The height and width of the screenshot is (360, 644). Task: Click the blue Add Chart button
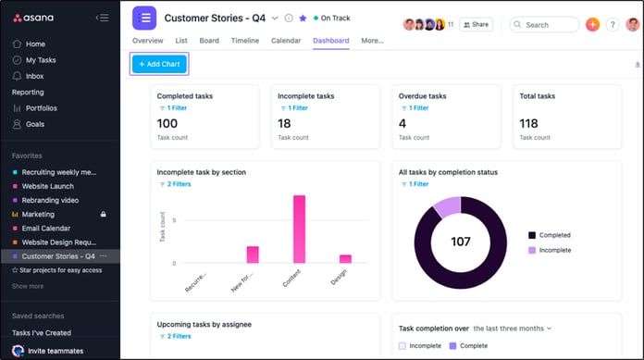tap(159, 64)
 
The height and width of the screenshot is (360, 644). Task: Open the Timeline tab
tap(244, 41)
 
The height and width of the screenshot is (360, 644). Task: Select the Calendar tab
tap(285, 41)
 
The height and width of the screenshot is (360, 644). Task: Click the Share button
tap(476, 25)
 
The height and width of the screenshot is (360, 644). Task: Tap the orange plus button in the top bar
tap(593, 25)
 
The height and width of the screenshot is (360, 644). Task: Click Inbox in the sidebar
tap(34, 76)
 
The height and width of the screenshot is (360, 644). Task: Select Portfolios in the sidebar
tap(41, 108)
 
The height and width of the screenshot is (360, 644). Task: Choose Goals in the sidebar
tap(35, 123)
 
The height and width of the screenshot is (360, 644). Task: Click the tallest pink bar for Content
tap(299, 229)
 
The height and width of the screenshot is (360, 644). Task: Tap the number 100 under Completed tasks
tap(167, 123)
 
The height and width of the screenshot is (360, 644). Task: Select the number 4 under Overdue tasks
tap(402, 123)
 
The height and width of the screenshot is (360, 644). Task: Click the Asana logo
tap(37, 18)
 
